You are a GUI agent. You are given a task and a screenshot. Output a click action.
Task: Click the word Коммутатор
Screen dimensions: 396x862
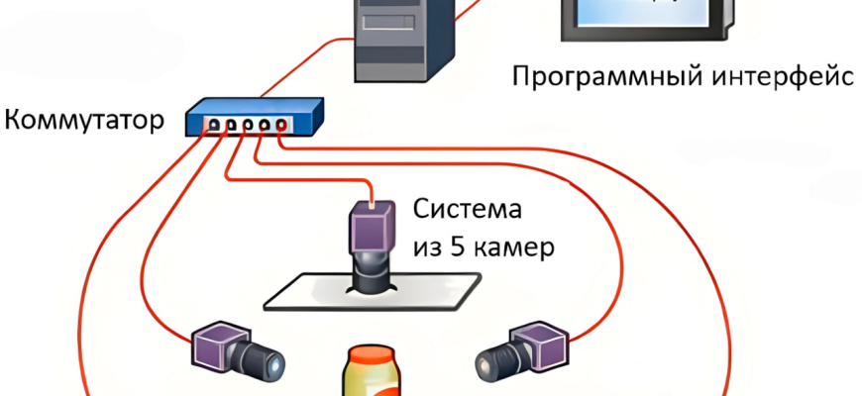[x=83, y=122]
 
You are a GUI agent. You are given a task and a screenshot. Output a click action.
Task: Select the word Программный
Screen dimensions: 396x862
[x=595, y=76]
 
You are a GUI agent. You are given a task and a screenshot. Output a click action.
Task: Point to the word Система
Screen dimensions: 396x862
[x=466, y=210]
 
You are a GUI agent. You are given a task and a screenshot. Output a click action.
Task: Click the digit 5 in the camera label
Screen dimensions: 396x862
[x=457, y=246]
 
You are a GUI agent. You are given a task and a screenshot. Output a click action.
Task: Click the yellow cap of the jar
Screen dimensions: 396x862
[x=372, y=359]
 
